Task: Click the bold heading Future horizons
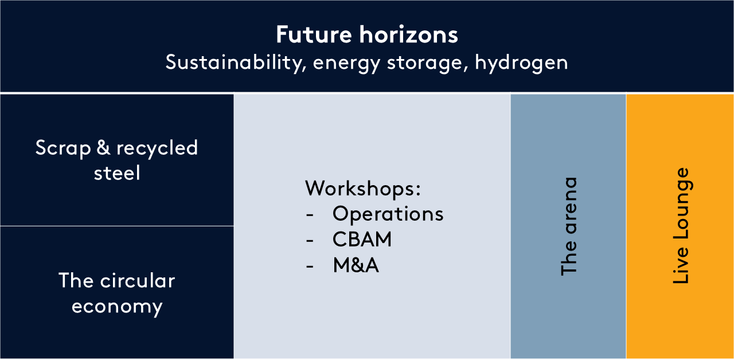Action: coord(366,34)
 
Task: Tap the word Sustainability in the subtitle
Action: coord(236,62)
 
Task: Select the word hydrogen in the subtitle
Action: coord(521,62)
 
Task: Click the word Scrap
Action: coord(63,148)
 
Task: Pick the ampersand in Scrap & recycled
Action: coord(103,147)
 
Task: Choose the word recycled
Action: coord(157,148)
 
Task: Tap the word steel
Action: coord(117,173)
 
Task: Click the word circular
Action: coord(138,281)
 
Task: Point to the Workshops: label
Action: coord(363,189)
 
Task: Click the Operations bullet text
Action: coord(388,214)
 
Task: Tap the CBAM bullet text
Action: coord(362,239)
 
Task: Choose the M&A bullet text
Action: coord(356,265)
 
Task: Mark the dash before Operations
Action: coord(310,215)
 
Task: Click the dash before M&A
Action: coord(310,267)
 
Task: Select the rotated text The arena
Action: coord(569,226)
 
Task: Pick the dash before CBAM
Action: coord(310,241)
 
